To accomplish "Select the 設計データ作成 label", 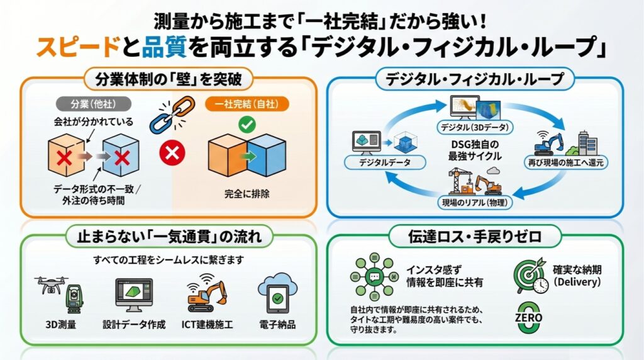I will (134, 325).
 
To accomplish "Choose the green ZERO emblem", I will (528, 317).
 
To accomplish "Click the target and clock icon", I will (530, 276).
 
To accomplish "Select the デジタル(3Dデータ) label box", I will (475, 127).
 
